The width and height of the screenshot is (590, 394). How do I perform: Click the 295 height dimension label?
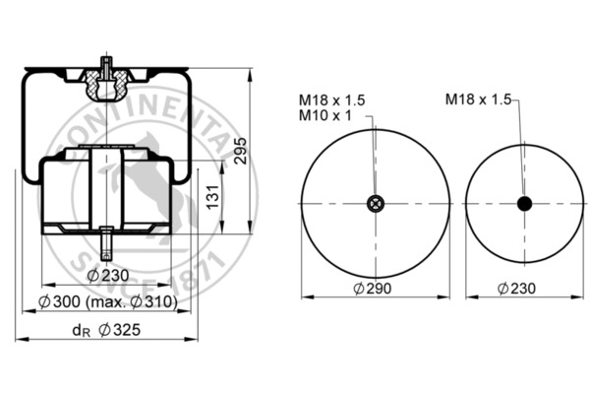[x=241, y=151]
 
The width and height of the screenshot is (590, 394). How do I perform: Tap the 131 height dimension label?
[x=213, y=197]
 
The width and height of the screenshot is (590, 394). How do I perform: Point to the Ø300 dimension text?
[x=59, y=301]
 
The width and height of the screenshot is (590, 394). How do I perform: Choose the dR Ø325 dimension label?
[x=106, y=330]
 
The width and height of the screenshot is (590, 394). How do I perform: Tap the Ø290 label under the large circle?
[x=373, y=289]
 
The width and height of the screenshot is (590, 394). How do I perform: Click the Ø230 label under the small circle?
[x=516, y=289]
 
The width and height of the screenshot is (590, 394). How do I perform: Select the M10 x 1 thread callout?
[x=325, y=115]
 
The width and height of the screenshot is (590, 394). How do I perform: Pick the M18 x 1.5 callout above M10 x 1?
[x=332, y=100]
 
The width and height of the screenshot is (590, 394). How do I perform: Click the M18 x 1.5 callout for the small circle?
[x=478, y=99]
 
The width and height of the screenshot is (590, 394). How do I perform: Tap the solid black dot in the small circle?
[x=524, y=204]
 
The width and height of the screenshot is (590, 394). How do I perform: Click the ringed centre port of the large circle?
[x=376, y=204]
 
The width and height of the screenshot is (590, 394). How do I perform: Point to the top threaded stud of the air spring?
[x=107, y=68]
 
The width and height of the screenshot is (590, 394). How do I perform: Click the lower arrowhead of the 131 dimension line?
[x=222, y=228]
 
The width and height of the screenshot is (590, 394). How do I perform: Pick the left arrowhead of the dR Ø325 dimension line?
[x=22, y=339]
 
